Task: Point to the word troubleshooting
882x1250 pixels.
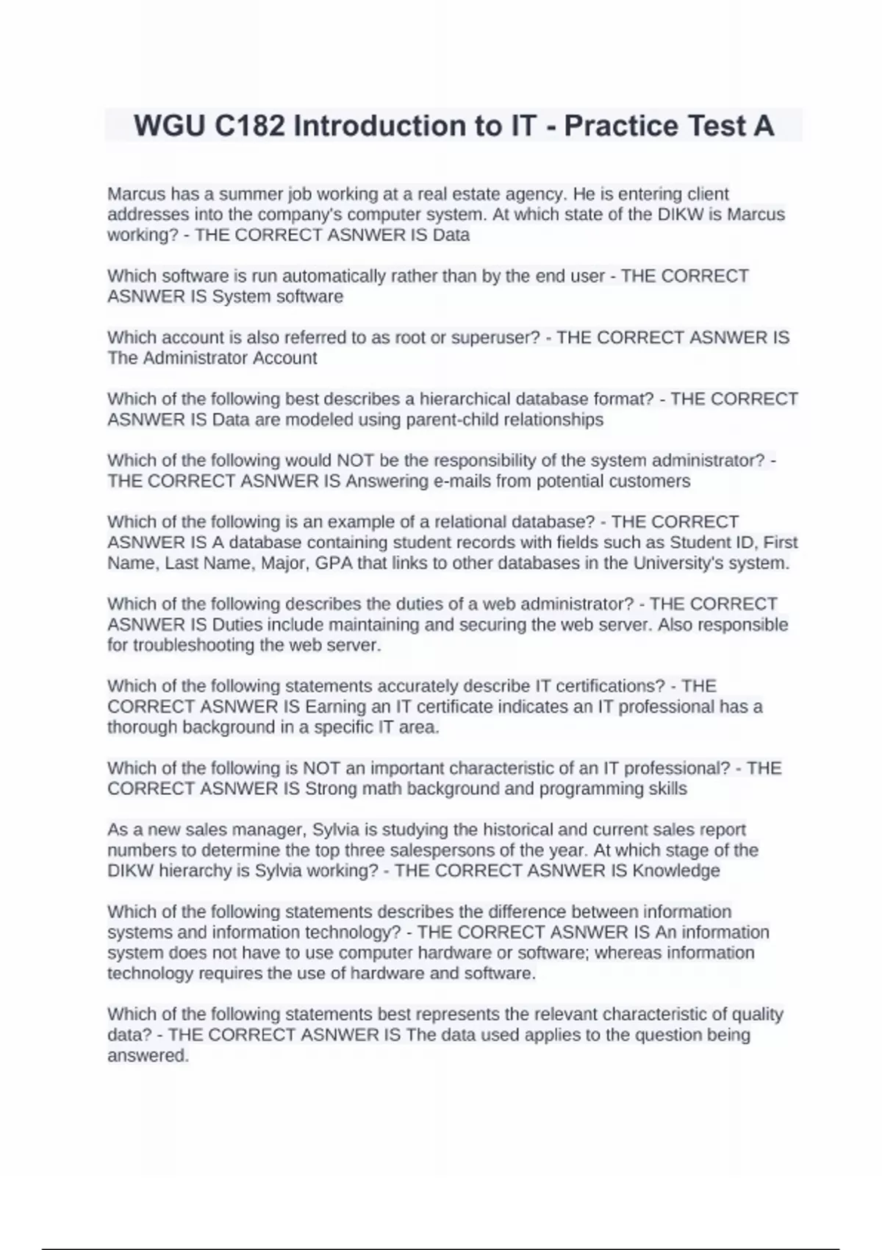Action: (208, 646)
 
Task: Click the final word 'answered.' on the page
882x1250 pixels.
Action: (148, 1056)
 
